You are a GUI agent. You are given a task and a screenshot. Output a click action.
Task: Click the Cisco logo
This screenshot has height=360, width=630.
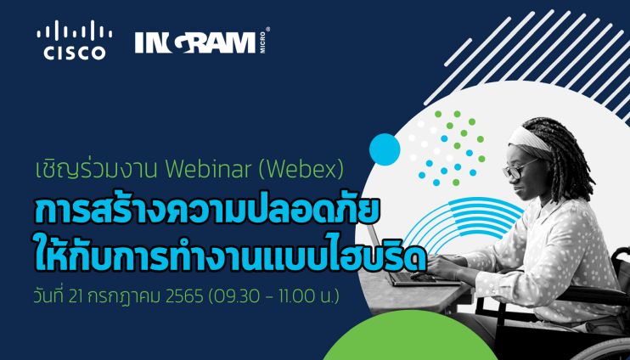click(x=75, y=41)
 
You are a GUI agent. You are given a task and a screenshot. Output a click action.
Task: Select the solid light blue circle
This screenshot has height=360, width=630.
click(x=385, y=149)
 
